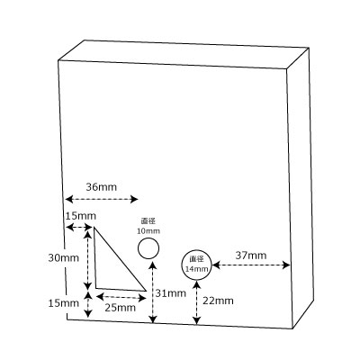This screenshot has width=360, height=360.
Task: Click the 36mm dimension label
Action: (102, 187)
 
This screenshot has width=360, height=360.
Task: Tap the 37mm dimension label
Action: (251, 256)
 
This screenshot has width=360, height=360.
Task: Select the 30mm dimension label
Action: (64, 258)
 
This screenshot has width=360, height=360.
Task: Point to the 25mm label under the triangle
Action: (120, 308)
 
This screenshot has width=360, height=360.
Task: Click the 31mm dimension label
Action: (170, 293)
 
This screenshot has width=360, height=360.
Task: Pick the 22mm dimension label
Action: (218, 301)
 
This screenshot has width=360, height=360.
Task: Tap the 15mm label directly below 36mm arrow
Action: (81, 216)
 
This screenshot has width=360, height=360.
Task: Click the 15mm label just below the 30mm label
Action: (64, 303)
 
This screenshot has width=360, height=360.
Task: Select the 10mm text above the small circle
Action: (148, 231)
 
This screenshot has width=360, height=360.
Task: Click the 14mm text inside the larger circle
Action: (196, 269)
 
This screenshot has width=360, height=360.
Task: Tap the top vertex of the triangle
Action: (94, 227)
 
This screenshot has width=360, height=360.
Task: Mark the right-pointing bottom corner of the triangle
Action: (146, 291)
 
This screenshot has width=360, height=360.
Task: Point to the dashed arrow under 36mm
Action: (102, 199)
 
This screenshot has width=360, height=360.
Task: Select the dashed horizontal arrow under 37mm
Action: (251, 265)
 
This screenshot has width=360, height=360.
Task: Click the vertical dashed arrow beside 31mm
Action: (153, 292)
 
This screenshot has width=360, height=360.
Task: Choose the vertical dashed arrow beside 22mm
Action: (196, 302)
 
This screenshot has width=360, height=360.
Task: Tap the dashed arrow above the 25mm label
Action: (121, 298)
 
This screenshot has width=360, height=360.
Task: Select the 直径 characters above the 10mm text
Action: (148, 221)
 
